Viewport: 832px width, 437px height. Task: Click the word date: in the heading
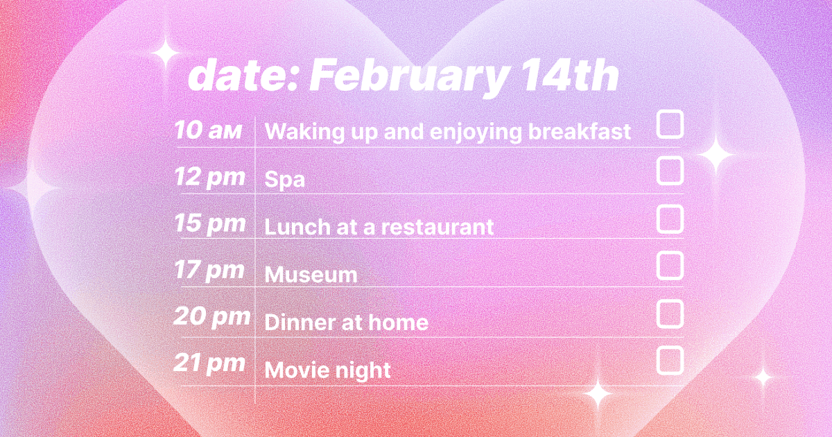243,76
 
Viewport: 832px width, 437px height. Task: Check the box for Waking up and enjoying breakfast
670,125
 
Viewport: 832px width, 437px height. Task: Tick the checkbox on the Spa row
670,171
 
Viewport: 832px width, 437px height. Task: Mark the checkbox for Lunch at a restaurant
670,218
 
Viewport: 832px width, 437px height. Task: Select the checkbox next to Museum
670,266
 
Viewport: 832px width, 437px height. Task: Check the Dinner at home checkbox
670,314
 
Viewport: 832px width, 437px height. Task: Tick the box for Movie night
670,361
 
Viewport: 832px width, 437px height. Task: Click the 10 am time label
208,130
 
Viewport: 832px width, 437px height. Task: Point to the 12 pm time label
209,178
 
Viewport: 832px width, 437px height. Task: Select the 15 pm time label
209,224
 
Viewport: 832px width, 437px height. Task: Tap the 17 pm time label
209,271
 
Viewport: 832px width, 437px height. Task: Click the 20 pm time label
211,318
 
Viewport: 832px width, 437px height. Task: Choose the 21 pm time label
209,363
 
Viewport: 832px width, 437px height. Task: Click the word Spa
285,180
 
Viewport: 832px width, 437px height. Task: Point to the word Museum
311,275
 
